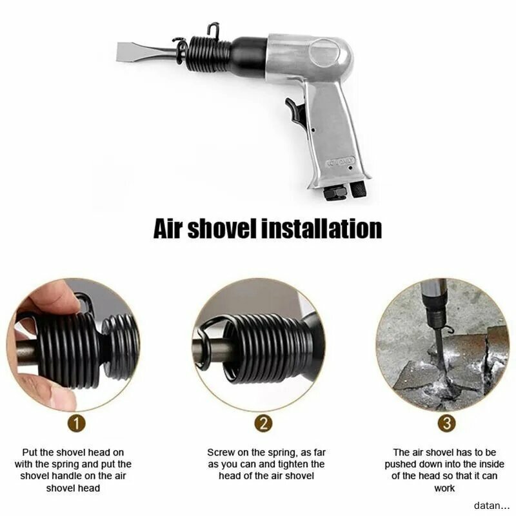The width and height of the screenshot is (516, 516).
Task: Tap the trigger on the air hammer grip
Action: [x=295, y=111]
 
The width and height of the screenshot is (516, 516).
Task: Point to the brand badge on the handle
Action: [x=341, y=161]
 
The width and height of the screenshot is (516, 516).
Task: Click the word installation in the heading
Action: [x=321, y=228]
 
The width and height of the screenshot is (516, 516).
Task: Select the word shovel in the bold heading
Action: [x=221, y=228]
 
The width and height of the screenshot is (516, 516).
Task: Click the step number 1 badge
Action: [x=76, y=424]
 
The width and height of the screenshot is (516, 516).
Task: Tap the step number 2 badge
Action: [x=263, y=424]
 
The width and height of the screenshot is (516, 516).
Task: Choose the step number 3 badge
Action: [x=446, y=424]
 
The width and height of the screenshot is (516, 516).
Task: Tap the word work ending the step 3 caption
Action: [x=444, y=488]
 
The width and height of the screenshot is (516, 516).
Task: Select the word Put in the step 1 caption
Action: [x=30, y=453]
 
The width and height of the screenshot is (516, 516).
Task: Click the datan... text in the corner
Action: [x=491, y=505]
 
